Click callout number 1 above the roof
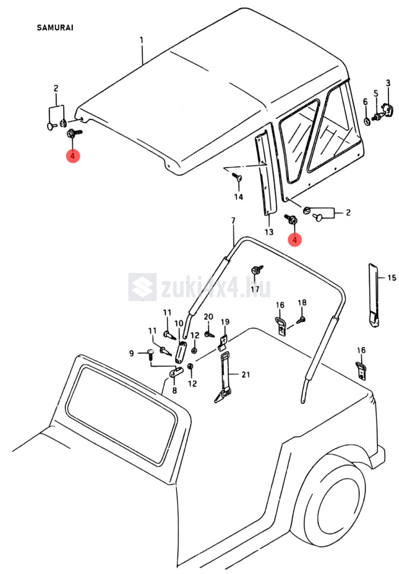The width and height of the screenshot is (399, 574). [142, 40]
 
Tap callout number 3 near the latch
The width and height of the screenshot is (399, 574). [388, 83]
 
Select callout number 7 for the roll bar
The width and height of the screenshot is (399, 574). [233, 221]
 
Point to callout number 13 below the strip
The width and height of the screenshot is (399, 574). [269, 232]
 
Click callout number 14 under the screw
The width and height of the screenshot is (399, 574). [238, 197]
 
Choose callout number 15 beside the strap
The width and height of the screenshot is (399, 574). [392, 277]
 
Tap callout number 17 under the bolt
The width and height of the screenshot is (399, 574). [255, 289]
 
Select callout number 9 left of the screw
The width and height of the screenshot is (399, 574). [132, 353]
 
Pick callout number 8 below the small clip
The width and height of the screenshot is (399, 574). [173, 391]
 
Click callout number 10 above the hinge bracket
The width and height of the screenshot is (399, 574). [179, 323]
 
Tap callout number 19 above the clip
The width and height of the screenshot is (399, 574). [225, 322]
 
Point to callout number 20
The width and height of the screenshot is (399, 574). [208, 317]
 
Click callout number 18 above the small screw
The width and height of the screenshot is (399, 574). [302, 303]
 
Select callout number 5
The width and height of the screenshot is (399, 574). [375, 93]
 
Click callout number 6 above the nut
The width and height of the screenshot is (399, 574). [365, 101]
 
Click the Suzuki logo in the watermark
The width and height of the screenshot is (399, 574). [142, 287]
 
